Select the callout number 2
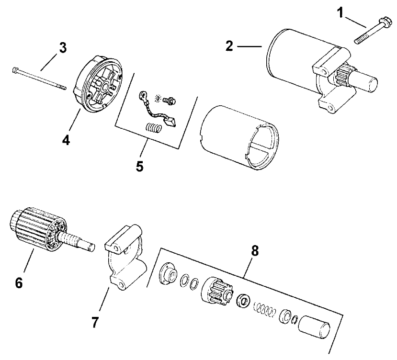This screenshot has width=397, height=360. coord(230,46)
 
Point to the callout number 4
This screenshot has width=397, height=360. coord(67,141)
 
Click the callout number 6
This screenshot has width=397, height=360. coord(19,283)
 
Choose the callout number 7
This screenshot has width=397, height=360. coord(95,322)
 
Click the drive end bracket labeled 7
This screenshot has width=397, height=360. coord(123,261)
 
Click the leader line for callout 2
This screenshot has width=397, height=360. coord(250,46)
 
